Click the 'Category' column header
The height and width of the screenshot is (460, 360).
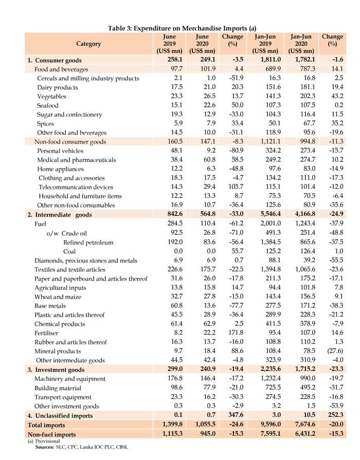point(88,44)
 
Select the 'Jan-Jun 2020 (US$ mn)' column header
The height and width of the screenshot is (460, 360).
point(302,44)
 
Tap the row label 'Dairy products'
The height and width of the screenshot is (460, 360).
point(58,87)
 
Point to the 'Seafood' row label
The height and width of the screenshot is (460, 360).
point(50,105)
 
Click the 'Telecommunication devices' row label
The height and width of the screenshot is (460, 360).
point(76,187)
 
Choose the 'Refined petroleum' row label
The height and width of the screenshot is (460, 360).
point(88,242)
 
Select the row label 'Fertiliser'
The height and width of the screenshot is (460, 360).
point(48,333)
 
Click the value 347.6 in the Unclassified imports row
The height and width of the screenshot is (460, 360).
point(232,415)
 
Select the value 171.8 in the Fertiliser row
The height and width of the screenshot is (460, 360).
point(232,333)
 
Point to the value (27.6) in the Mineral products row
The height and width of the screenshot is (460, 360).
point(333,351)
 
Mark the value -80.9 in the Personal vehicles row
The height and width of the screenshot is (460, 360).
point(232,151)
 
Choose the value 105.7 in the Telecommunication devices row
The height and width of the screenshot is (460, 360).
point(232,187)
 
